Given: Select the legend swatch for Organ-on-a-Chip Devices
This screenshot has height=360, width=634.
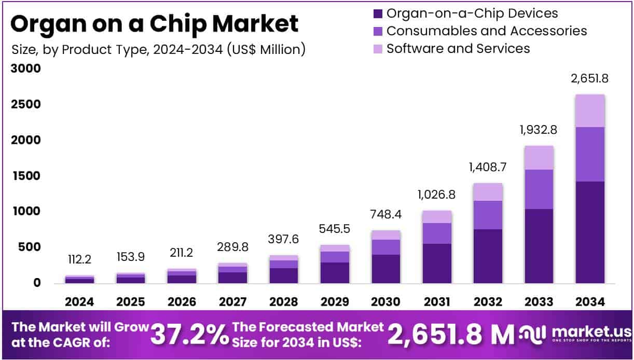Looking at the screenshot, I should pos(378,13).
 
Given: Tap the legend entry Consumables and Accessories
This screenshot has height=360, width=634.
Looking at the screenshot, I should pos(487,31).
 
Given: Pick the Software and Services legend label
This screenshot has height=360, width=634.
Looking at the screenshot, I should pos(458,48).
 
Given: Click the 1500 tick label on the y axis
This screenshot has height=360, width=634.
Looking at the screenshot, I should pos(25,176).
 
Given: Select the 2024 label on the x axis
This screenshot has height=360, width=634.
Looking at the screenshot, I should pos(79,302).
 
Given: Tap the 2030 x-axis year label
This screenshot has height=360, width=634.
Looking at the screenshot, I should pos(385,302).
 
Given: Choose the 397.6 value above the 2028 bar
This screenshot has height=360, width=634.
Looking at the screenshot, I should pos(283,239).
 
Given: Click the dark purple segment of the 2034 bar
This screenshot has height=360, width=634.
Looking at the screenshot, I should pos(590,232).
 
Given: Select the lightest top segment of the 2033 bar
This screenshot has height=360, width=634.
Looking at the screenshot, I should pos(539,158).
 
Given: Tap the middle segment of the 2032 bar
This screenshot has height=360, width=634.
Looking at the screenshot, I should pos(488,215).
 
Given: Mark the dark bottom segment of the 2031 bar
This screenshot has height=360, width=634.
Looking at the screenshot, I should pos(437,263).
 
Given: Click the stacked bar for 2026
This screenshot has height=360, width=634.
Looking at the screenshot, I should pos(182,276).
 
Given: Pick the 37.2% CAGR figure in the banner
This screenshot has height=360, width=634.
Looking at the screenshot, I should pos(189,335).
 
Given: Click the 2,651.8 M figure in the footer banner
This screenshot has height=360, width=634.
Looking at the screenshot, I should pos(451,335).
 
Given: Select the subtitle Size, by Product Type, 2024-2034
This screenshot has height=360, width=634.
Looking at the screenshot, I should pos(158,49).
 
